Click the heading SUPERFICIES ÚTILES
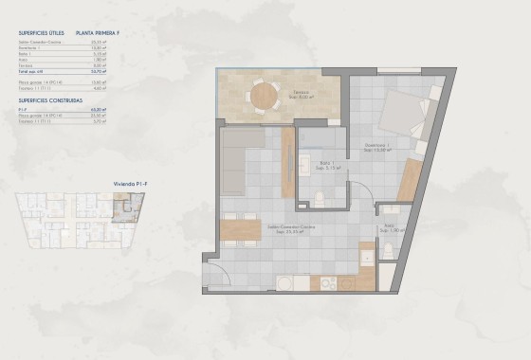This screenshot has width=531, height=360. tap(42, 32)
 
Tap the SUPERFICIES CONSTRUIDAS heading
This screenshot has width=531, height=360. tap(48, 99)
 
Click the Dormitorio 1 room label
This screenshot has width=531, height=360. tap(379, 146)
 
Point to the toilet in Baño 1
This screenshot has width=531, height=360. tap(320, 198)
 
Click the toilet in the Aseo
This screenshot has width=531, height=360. tap(388, 251)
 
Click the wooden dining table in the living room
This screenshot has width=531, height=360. tap(241, 228)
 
